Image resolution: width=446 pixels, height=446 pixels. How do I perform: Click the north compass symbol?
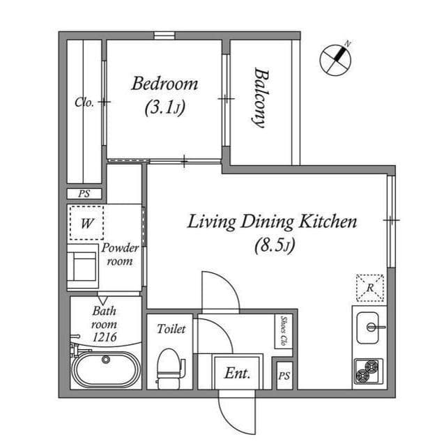pyautogui.click(x=336, y=59)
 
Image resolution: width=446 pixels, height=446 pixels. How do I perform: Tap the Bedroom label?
pyautogui.click(x=164, y=84)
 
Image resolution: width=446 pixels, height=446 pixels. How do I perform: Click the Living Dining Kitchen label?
pyautogui.click(x=272, y=222)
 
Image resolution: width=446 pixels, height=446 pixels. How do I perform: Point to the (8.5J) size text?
pyautogui.click(x=272, y=245)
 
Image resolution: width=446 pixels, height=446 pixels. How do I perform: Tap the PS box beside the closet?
pyautogui.click(x=84, y=194)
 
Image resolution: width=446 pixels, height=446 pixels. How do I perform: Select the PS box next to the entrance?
pyautogui.click(x=284, y=376)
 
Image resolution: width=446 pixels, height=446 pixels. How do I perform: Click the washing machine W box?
pyautogui.click(x=87, y=224)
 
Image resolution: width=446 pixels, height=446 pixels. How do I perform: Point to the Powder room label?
pyautogui.click(x=121, y=254)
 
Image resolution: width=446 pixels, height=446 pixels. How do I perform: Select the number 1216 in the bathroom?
pyautogui.click(x=105, y=338)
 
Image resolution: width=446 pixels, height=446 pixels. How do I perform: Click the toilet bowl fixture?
pyautogui.click(x=168, y=367)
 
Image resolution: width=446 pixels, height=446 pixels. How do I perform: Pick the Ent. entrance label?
pyautogui.click(x=237, y=374)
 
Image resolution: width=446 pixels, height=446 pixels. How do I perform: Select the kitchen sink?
pyautogui.click(x=368, y=326)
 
